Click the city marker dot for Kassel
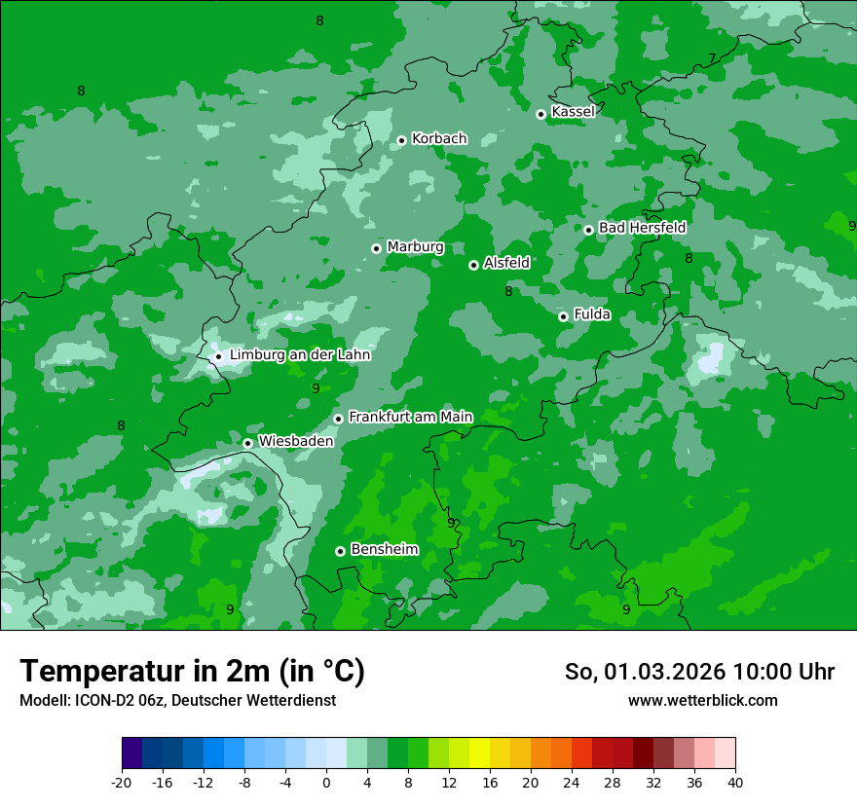540,114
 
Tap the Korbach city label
439,138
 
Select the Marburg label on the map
415,246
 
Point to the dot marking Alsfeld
473,265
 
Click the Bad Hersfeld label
642,228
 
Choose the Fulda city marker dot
563,316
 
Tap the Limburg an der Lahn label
300,354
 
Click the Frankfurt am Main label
410,417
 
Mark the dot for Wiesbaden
247,443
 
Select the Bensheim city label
384,549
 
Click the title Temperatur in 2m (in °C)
192,671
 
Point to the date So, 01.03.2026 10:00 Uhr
699,672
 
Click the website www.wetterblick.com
702,700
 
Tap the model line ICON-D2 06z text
176,700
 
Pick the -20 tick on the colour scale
122,782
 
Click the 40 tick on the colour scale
735,782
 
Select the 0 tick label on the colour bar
326,782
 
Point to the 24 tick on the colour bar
572,782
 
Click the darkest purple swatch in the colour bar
131,753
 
